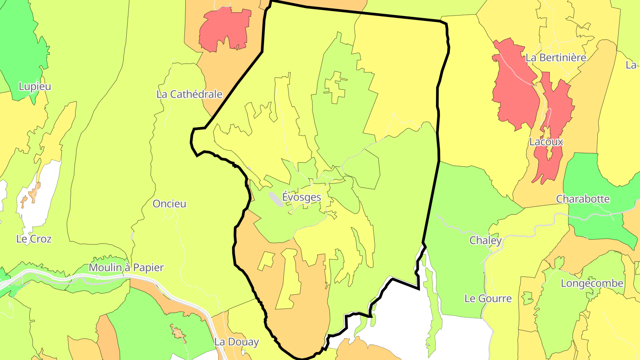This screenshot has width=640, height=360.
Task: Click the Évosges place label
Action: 301,196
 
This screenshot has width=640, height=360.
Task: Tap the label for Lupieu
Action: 35,86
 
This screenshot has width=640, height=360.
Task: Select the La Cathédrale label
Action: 189,94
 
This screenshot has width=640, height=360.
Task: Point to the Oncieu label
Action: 169,204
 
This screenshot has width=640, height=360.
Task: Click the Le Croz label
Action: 34,239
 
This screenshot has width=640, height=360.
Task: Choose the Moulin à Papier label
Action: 126,268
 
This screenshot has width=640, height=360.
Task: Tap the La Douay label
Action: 236,342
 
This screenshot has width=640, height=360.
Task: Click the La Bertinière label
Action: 556,57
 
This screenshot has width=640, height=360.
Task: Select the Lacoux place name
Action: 546,142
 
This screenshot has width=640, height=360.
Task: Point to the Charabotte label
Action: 583,199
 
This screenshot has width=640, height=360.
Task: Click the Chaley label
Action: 486,240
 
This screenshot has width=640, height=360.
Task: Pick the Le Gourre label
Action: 488,298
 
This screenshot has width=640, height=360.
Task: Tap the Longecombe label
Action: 592,283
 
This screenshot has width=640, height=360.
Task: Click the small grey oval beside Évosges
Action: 276,199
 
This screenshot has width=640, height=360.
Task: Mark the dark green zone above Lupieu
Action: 20,49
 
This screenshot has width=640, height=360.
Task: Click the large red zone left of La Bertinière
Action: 513,89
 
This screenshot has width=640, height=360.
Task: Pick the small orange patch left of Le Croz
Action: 34,192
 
